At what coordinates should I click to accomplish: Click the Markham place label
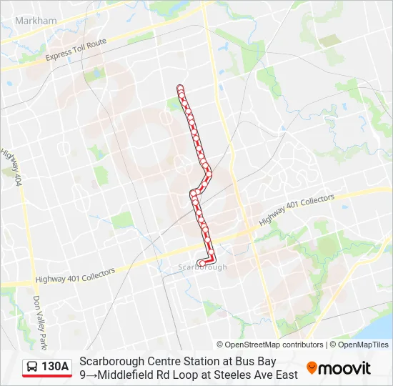point(36,21)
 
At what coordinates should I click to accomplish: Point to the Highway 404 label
point(12,168)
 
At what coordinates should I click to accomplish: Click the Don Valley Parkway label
point(39,318)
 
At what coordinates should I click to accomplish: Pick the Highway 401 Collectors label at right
point(296,210)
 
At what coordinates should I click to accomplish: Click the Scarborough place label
point(202,267)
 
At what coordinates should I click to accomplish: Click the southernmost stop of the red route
point(201,262)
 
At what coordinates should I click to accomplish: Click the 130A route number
point(55,367)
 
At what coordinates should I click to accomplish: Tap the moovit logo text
point(344,368)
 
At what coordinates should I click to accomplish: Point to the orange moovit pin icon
point(312,367)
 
